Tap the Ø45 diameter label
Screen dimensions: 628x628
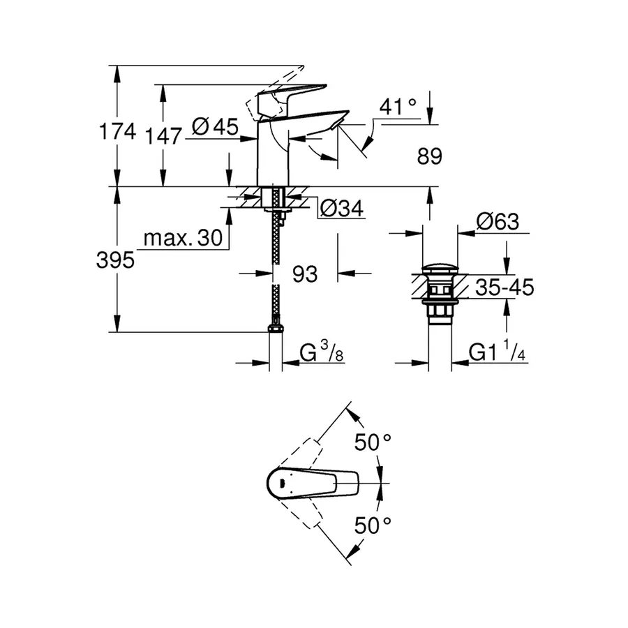click(x=214, y=127)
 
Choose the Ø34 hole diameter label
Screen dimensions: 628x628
click(x=343, y=208)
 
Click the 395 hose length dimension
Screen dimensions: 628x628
click(x=116, y=261)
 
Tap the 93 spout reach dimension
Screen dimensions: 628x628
click(x=304, y=274)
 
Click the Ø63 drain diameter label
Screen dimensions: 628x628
click(x=498, y=223)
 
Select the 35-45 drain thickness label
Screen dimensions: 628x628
click(x=504, y=287)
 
